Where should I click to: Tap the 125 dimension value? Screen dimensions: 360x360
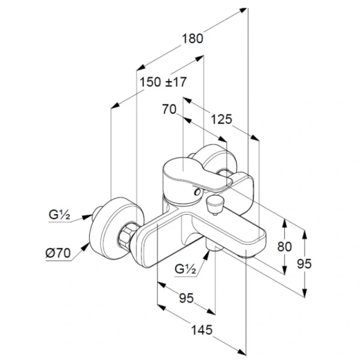tap(221, 119)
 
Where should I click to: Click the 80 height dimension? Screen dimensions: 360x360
tap(284, 245)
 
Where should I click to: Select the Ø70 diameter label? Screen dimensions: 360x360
tap(58, 253)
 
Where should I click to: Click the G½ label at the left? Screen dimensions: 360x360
tap(61, 214)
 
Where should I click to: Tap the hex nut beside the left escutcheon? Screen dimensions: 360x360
tap(127, 236)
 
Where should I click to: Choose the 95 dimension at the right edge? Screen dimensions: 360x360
tap(305, 263)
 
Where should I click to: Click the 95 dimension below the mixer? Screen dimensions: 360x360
tap(186, 298)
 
